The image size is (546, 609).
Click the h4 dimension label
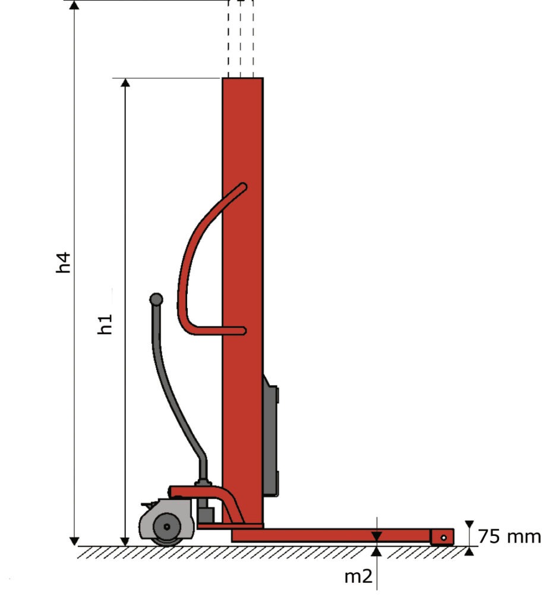pos(64,262)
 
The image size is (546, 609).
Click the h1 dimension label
pos(105,324)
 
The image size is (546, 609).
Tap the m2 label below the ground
pos(358,576)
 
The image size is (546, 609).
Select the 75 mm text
pos(509,537)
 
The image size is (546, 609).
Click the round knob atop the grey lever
pos(156,299)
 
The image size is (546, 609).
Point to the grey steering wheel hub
pos(167,527)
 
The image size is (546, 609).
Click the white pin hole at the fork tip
pos(444,538)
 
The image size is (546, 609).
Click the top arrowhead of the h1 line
pos(125,82)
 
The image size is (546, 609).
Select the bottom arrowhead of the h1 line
pos(125,541)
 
